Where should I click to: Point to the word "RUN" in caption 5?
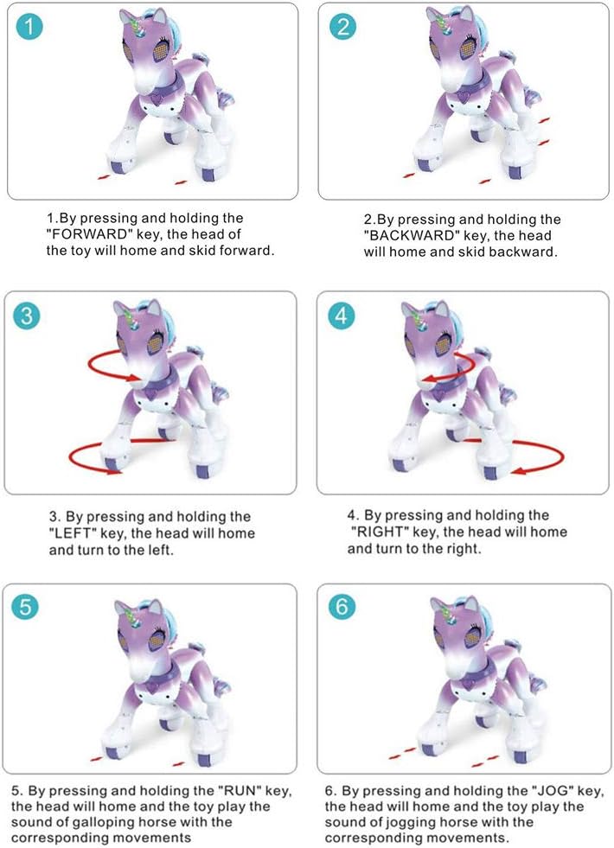click(264, 791)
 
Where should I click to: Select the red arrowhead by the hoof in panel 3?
click(114, 471)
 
